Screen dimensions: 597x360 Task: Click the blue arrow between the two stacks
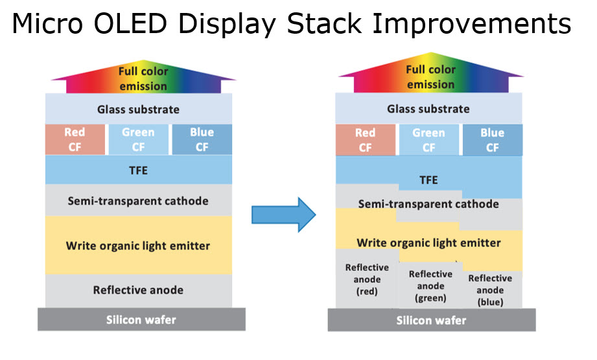[284, 215]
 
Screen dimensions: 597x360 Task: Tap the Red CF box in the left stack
[75, 139]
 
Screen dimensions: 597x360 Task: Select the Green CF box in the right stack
[428, 140]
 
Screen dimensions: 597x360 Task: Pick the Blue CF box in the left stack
[202, 139]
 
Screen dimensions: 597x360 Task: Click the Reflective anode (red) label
[367, 279]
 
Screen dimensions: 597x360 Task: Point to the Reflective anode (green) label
[430, 285]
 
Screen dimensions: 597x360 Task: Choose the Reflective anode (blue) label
[491, 290]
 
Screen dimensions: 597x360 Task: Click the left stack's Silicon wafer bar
[142, 319]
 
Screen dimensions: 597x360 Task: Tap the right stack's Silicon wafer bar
[432, 320]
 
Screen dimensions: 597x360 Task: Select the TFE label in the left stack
[138, 171]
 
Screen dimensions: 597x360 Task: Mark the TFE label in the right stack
[428, 180]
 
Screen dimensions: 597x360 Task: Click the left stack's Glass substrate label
[138, 110]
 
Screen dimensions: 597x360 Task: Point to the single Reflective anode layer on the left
[139, 291]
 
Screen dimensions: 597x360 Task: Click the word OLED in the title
[130, 23]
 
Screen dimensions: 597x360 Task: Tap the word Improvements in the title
[471, 24]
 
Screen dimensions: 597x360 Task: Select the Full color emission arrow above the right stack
[431, 73]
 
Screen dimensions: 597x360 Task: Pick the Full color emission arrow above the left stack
[143, 77]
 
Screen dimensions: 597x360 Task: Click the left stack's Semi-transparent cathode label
[138, 201]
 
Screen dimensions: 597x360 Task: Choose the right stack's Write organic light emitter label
[428, 243]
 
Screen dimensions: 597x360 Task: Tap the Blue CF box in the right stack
[493, 140]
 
